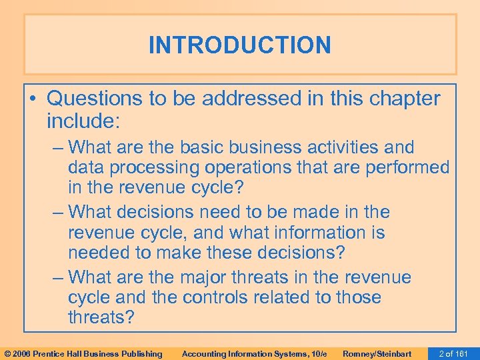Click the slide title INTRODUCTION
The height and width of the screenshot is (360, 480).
[x=240, y=45]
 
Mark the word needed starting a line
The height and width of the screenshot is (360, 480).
[x=99, y=253]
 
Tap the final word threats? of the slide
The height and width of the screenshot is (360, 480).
[x=101, y=317]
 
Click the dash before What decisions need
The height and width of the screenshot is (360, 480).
[x=58, y=213]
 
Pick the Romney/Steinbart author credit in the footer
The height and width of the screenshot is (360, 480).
[x=376, y=353]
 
